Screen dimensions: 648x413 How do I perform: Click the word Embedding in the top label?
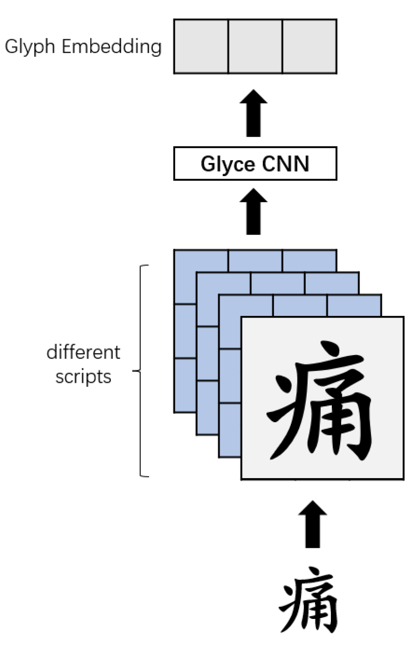111,47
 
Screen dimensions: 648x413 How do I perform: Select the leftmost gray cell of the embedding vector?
201,46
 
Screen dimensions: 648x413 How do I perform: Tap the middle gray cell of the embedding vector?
255,46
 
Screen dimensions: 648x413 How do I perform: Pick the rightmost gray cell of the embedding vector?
309,46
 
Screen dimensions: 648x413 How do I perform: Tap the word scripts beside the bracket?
83,377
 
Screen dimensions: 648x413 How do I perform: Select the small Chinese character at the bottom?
309,601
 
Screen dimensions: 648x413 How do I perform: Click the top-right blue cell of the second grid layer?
331,283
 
